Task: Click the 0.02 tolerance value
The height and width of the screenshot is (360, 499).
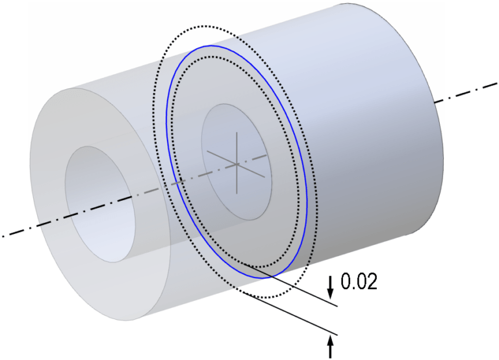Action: click(359, 282)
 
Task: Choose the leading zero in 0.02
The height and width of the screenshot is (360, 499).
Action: click(347, 282)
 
